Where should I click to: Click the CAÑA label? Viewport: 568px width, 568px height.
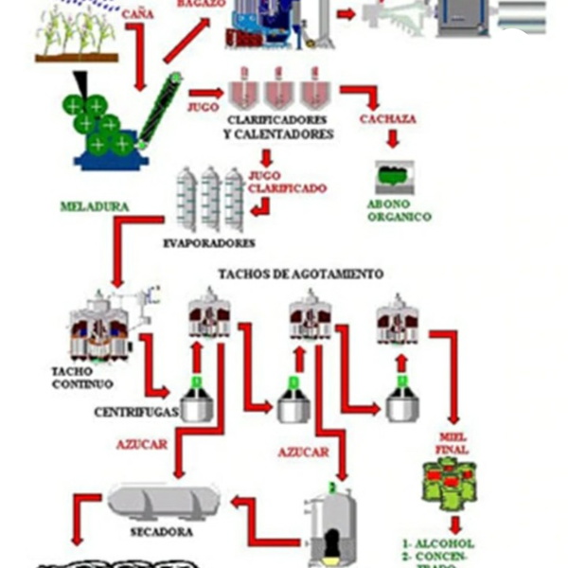click(137, 14)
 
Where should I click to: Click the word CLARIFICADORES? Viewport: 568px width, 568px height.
click(278, 120)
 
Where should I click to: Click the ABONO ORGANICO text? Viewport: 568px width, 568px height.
click(399, 209)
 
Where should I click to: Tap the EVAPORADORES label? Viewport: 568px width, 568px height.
click(209, 243)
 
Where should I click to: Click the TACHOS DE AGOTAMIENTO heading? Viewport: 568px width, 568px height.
click(301, 274)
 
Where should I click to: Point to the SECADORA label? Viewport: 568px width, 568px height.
click(161, 531)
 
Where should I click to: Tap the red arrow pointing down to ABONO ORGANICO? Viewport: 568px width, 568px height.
click(393, 140)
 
